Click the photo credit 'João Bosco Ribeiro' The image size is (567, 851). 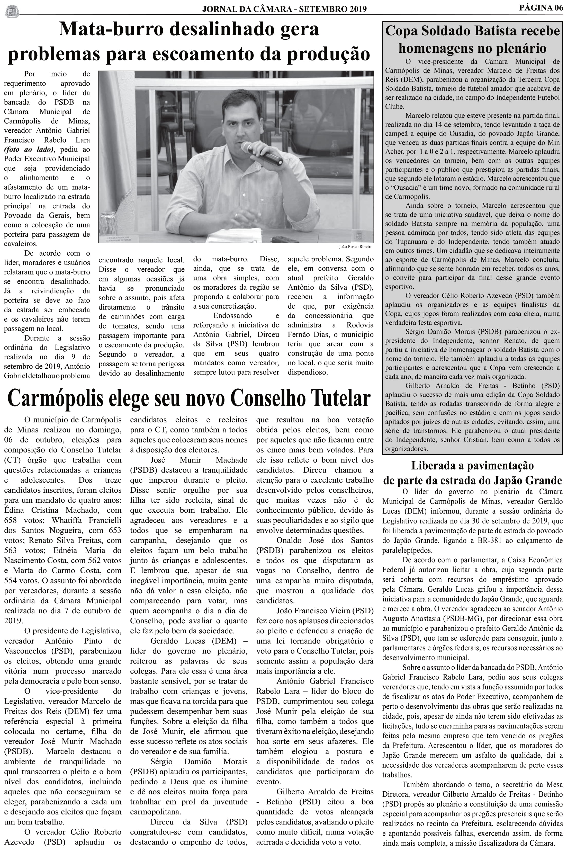[355, 247]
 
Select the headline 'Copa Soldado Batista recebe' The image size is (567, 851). [472, 31]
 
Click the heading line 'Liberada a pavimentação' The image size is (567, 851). [472, 465]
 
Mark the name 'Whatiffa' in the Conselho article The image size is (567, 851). [67, 520]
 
